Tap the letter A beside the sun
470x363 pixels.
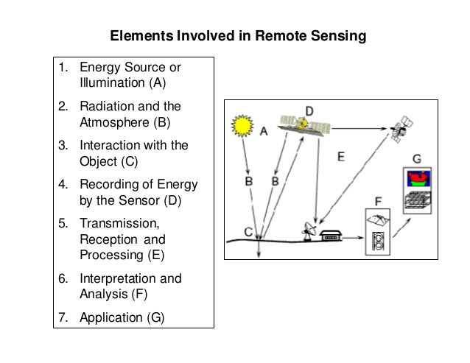coord(264,132)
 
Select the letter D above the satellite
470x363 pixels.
coord(310,112)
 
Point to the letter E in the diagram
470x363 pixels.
coord(340,156)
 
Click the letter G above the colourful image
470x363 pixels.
coord(417,158)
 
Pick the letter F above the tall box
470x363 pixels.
coord(379,199)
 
